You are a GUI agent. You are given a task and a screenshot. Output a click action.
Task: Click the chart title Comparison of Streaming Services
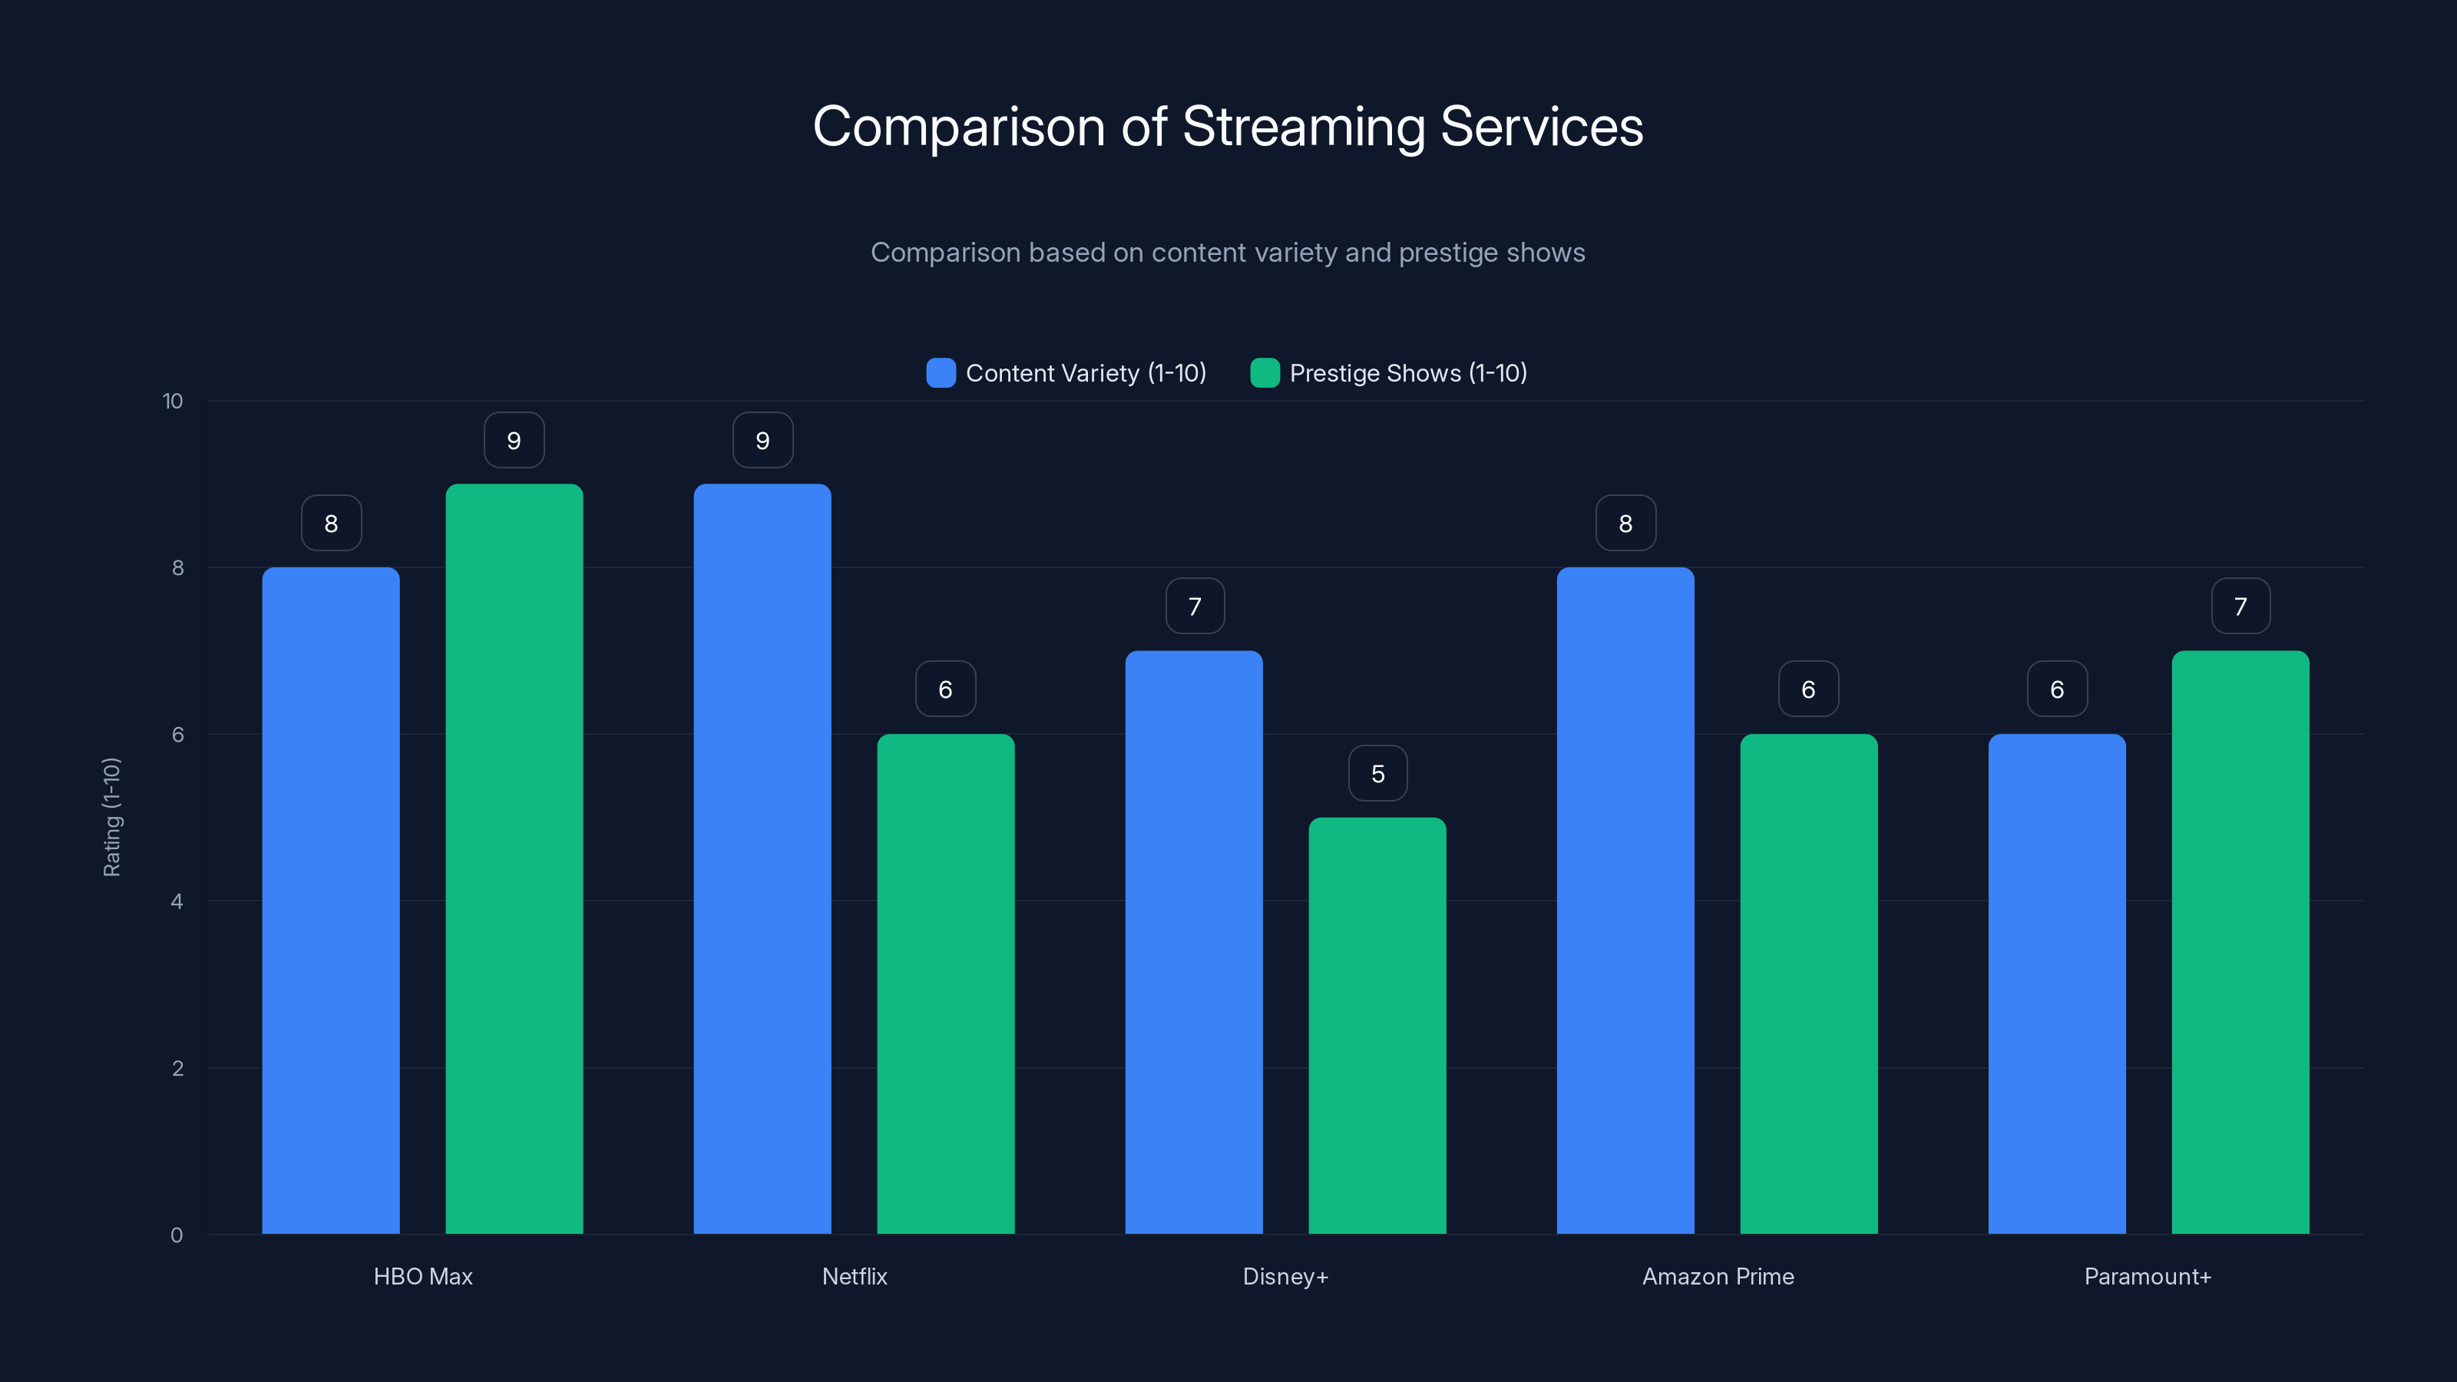(1228, 127)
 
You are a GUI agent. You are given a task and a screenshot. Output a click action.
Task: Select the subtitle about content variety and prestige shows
(1228, 253)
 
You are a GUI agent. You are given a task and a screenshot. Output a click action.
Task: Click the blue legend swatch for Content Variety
(941, 373)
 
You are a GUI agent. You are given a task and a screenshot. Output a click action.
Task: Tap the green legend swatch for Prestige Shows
(1264, 373)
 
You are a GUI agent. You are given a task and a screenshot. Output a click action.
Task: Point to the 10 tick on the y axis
(173, 402)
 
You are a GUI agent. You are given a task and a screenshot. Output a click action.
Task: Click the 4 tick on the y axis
(177, 901)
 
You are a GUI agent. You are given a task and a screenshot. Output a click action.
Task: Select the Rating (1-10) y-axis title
(111, 818)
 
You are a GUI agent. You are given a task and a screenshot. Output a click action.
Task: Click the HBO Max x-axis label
(422, 1276)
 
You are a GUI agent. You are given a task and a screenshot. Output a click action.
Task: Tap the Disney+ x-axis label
(1285, 1276)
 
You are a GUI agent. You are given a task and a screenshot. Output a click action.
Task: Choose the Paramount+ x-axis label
(2147, 1276)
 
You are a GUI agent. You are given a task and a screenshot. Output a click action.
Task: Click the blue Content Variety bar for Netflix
(762, 858)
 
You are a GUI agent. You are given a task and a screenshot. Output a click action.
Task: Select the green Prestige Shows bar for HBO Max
(514, 858)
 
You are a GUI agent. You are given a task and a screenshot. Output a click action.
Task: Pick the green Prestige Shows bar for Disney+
(1377, 1025)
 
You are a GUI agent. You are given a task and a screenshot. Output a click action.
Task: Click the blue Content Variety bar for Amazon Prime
(1625, 901)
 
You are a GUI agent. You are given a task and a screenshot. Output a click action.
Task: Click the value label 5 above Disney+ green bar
(1377, 773)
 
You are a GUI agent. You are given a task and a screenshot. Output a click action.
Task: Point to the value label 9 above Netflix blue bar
(762, 441)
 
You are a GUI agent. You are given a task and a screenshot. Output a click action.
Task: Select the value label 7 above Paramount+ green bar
(2240, 607)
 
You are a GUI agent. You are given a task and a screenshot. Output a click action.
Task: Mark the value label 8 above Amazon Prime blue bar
(1625, 524)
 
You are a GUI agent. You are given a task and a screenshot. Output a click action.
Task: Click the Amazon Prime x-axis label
(1718, 1276)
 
